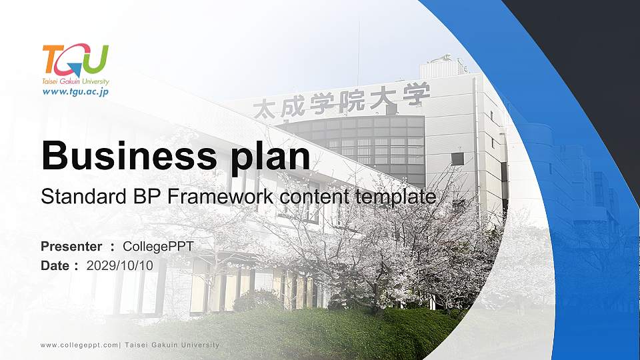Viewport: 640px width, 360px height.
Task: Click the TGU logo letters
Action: tap(75, 60)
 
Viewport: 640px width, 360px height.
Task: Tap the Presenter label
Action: tap(71, 247)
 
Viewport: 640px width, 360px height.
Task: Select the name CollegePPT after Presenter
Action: tap(158, 247)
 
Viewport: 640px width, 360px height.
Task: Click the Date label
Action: tap(55, 265)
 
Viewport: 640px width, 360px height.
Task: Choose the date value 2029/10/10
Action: tap(120, 265)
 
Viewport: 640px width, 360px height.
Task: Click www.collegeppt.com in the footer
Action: tap(79, 345)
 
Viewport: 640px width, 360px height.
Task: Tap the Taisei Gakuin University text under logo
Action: tap(75, 81)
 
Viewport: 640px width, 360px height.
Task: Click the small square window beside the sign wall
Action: tap(457, 159)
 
